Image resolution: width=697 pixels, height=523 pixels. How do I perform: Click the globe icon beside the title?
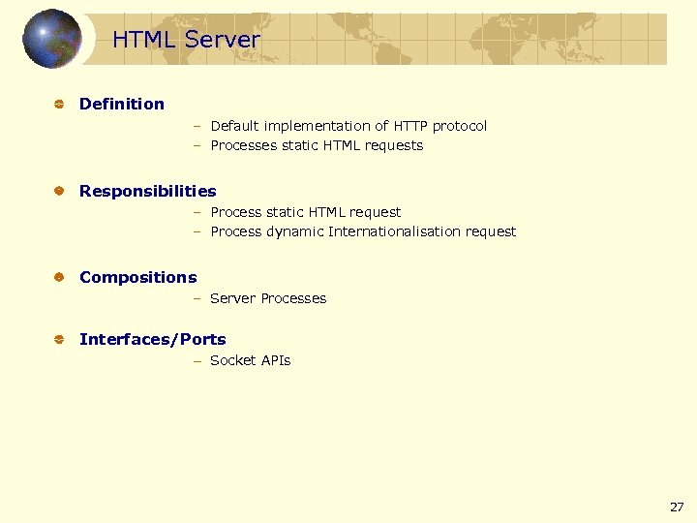51,39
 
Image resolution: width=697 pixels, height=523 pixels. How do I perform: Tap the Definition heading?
122,104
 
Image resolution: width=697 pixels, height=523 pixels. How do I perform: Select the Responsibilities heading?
147,191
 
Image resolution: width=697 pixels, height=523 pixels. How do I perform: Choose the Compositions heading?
137,277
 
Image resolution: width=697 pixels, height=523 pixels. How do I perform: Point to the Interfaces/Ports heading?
152,339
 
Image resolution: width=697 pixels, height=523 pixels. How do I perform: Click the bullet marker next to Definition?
58,105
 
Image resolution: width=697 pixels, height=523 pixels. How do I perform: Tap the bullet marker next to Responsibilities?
58,192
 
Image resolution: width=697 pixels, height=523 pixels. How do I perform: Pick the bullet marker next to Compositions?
58,278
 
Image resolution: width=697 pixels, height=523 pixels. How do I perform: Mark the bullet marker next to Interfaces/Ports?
58,340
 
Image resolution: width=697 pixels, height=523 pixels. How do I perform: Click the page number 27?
676,507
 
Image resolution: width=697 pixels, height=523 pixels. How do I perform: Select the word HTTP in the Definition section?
409,126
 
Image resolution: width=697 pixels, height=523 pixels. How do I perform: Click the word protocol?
460,126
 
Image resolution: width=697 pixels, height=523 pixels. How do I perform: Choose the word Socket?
233,360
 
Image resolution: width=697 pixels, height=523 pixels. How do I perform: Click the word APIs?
276,360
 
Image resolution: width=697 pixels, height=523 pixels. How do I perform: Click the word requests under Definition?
394,145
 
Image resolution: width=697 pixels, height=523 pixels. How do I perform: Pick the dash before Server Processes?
196,298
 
